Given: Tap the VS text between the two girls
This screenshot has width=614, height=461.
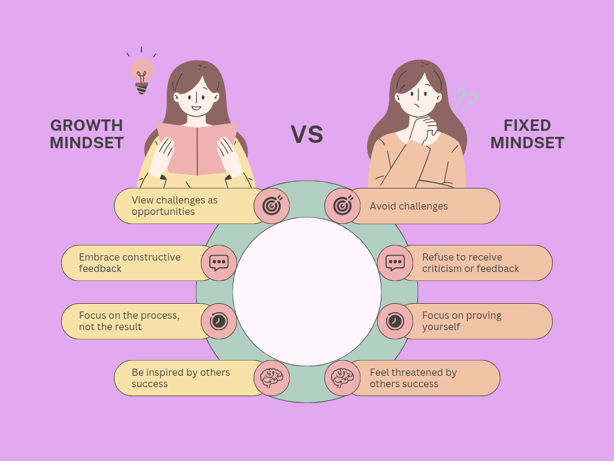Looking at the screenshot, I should click(x=307, y=134).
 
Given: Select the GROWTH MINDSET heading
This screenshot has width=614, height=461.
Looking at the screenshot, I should click(x=87, y=134).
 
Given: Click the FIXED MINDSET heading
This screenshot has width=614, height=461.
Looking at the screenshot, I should click(x=527, y=134).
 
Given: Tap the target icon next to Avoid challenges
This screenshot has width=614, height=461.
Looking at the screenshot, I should click(x=342, y=206).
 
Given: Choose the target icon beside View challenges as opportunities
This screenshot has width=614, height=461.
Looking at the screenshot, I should click(x=272, y=206).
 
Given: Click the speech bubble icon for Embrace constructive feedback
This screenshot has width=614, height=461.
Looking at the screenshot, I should click(x=219, y=263).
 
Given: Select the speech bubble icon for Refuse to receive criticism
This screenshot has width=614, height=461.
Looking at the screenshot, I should click(x=395, y=263).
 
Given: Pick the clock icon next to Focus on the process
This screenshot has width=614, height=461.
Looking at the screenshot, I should click(x=219, y=321).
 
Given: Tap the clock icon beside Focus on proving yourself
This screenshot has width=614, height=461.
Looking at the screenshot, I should click(x=395, y=321).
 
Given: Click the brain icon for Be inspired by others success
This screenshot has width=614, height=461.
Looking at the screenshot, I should click(x=272, y=378).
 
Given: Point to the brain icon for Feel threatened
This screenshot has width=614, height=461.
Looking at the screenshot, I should click(x=342, y=378).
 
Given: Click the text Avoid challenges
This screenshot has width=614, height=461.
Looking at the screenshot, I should click(x=408, y=206).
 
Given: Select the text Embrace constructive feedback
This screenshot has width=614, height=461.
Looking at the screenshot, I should click(x=130, y=263).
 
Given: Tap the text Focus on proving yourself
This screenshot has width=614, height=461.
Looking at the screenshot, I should click(x=461, y=321).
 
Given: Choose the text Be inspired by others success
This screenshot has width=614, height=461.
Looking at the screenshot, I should click(x=180, y=378).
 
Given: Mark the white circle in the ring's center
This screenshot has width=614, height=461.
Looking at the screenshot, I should click(x=307, y=292).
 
